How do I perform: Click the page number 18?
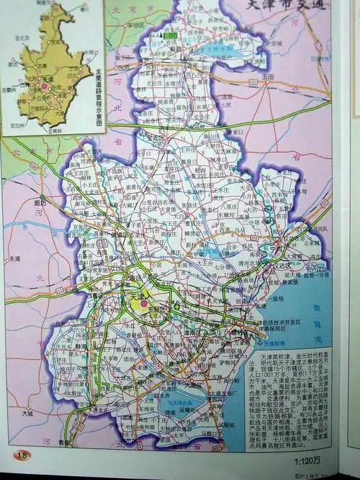pyautogui.click(x=22, y=454)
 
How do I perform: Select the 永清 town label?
pyautogui.click(x=14, y=258)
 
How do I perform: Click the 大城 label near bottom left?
pyautogui.click(x=27, y=413)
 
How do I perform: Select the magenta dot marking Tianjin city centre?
pyautogui.click(x=144, y=304)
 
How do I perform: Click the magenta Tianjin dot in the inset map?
pyautogui.click(x=44, y=86)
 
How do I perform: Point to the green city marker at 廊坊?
pyautogui.click(x=42, y=197)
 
